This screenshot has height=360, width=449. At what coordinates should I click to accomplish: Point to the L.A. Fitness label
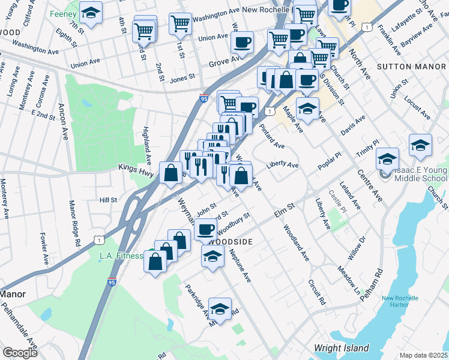coord(119,257)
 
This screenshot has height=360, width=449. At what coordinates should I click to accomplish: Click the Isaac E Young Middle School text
coord(421,174)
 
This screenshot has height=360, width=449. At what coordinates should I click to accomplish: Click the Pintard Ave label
coord(272,137)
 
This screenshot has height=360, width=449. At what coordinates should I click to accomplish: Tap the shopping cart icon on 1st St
coord(181,25)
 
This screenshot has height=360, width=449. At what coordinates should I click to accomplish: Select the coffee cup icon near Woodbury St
coord(205,229)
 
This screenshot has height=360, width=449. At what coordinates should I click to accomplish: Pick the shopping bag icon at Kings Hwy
coord(170,173)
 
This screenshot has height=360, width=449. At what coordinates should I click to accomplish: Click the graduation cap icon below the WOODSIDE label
coord(212,256)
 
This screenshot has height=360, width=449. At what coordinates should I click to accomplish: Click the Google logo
coord(20,353)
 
